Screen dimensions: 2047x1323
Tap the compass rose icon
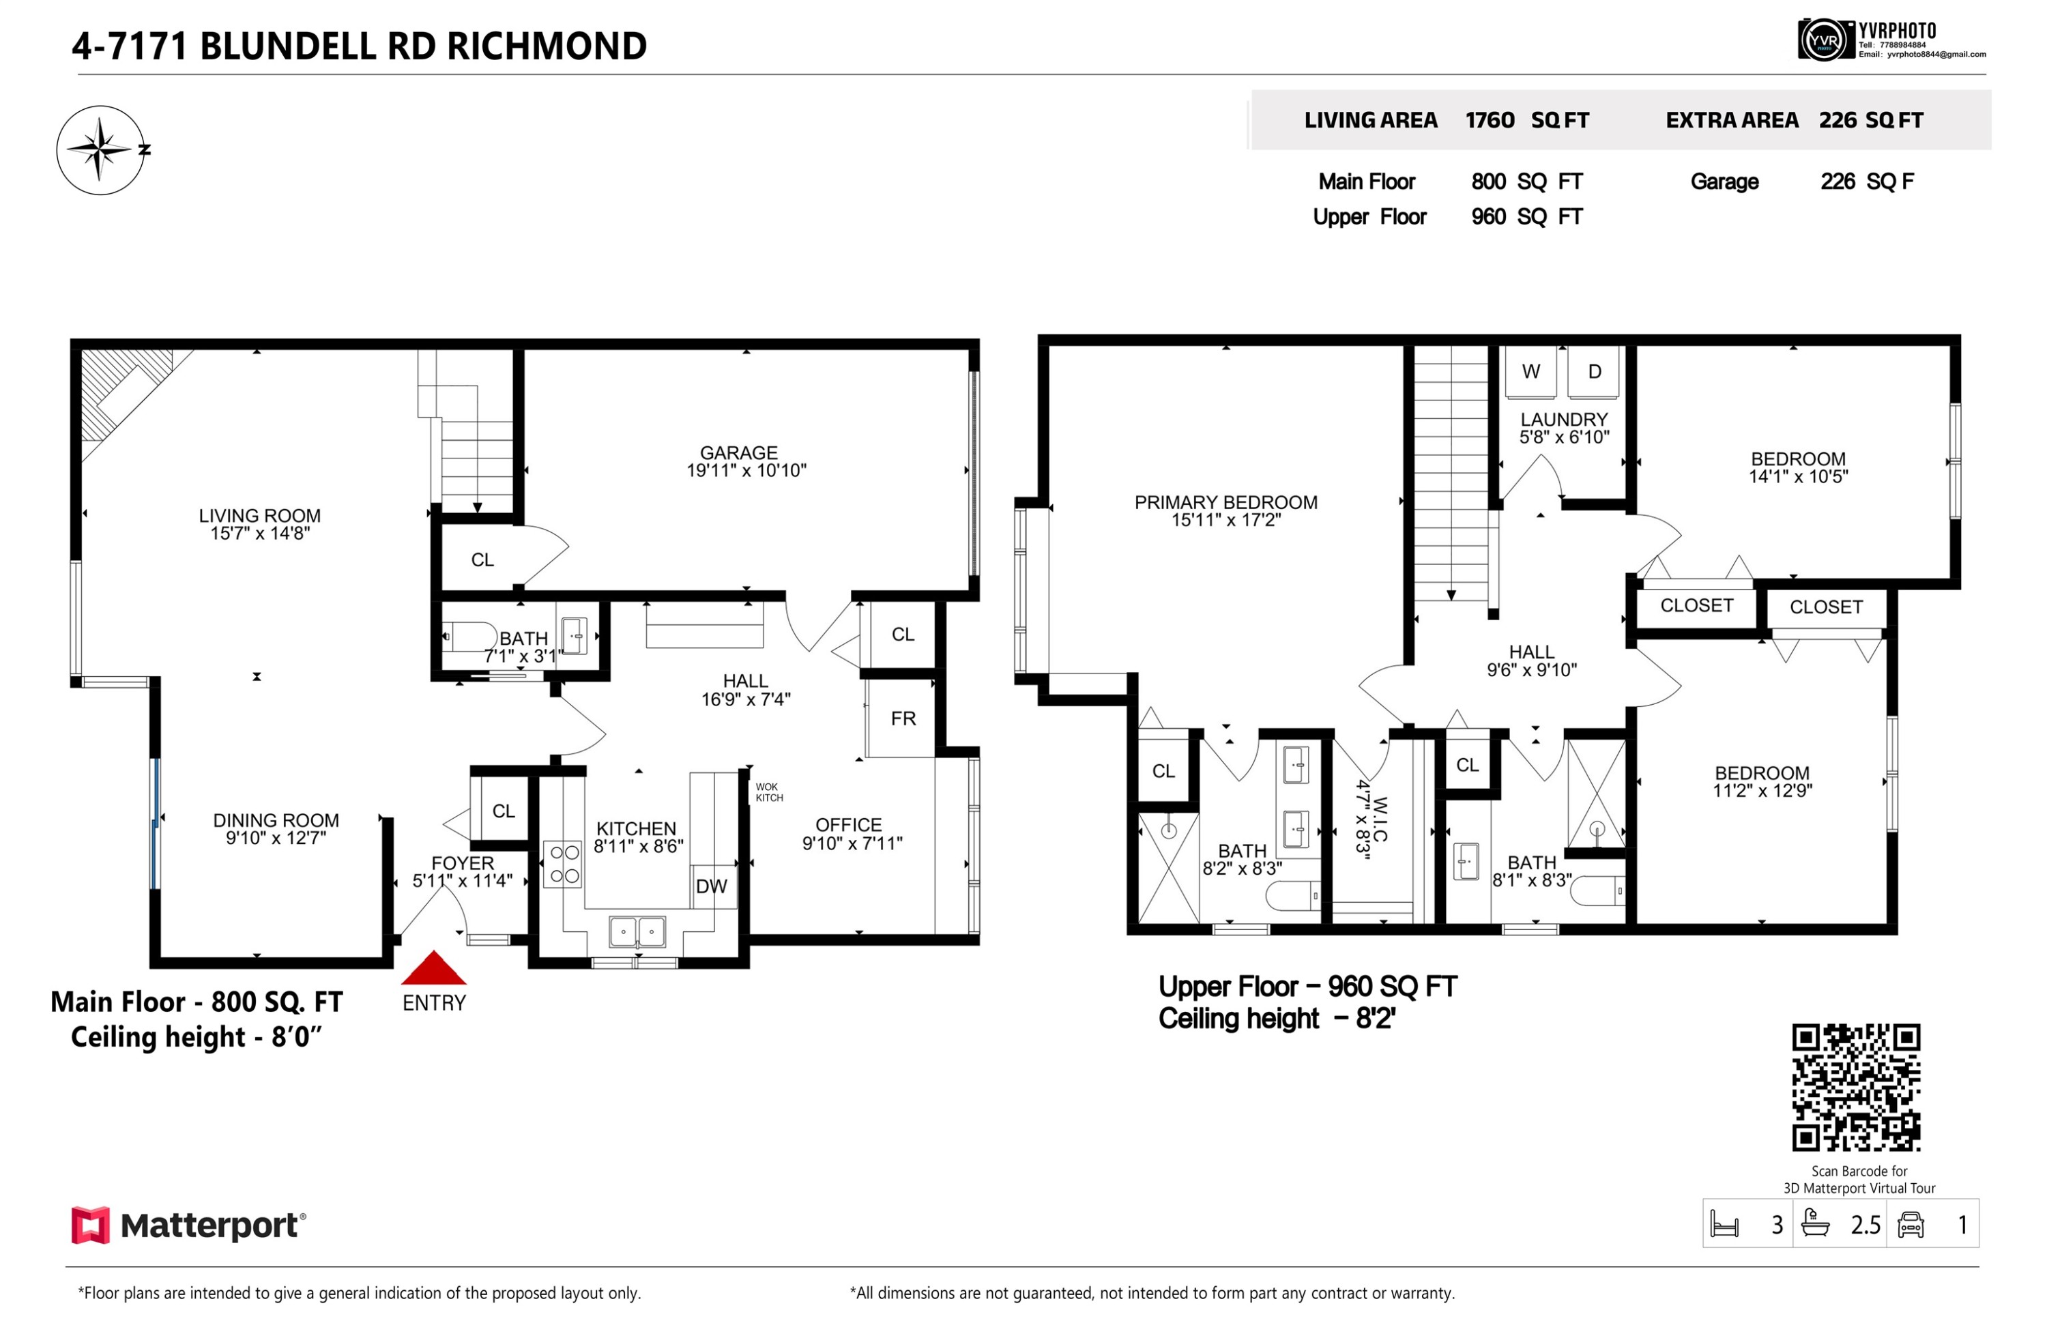(102, 150)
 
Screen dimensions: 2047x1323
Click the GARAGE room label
(739, 453)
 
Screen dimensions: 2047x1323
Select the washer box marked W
(1530, 372)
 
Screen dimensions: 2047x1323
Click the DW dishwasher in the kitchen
(711, 886)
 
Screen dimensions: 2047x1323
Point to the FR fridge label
(903, 718)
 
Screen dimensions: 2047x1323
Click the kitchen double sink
(637, 931)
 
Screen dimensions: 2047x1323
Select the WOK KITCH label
(769, 792)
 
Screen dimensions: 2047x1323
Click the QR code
(1855, 1088)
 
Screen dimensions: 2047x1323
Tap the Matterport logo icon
(90, 1225)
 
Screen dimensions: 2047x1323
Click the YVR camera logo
(1825, 40)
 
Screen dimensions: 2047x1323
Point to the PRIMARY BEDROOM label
(1225, 503)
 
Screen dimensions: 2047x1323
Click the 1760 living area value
(1490, 120)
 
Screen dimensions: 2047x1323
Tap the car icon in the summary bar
(1911, 1224)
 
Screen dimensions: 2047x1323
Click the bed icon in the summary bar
(1724, 1224)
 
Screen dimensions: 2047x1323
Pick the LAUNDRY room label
(1564, 419)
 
